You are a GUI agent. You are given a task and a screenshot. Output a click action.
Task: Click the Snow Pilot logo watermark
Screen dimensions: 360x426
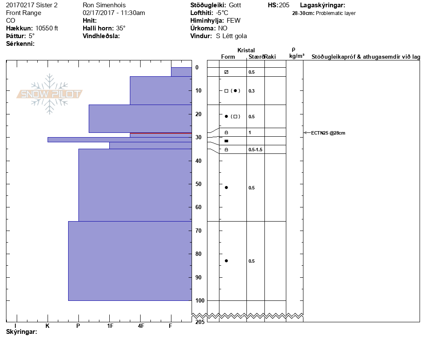click(50, 94)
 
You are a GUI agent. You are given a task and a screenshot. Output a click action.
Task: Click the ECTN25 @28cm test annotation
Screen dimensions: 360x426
click(328, 133)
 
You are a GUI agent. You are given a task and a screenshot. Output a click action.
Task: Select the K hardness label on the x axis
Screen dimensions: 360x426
click(48, 326)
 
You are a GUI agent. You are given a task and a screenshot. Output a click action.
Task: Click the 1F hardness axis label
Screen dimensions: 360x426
click(110, 326)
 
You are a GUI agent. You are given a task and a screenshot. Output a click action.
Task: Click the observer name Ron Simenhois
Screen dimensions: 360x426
click(104, 5)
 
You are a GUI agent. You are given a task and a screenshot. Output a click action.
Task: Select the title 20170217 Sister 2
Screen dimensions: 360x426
click(32, 5)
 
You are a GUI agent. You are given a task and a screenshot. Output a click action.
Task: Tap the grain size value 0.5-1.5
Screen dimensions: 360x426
click(255, 150)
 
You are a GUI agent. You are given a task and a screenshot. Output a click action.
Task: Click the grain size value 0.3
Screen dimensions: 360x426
click(252, 91)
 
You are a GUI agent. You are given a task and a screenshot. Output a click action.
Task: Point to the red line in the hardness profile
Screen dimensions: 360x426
click(161, 133)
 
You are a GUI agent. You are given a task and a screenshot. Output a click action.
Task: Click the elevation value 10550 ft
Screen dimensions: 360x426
click(47, 28)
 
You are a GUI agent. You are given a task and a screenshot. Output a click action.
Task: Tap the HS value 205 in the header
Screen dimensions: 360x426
click(284, 5)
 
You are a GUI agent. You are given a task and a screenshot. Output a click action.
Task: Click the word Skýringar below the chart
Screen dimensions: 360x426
click(21, 332)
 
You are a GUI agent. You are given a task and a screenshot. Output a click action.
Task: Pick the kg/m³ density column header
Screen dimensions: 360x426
click(297, 56)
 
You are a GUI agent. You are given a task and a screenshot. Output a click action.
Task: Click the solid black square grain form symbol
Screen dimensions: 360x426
click(226, 141)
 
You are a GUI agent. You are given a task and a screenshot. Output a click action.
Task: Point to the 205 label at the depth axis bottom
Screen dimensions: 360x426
click(199, 322)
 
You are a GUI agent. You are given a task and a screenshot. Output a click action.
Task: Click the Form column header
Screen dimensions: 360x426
click(228, 57)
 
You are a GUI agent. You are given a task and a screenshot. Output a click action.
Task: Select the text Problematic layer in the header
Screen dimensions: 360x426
click(336, 13)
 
